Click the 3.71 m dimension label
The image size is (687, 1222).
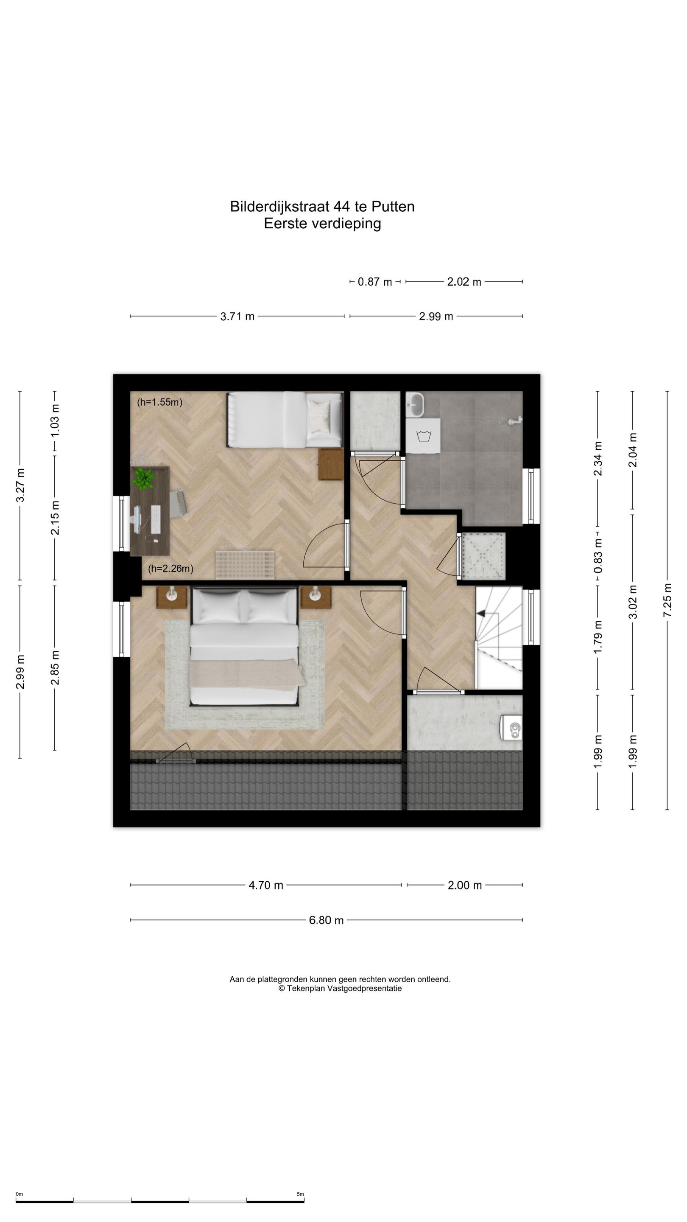point(237,317)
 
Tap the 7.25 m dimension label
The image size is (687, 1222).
point(667,600)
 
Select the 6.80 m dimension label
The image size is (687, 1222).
point(326,920)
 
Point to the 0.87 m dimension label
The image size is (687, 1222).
point(374,282)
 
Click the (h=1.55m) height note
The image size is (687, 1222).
point(160,402)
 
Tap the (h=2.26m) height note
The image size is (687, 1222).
point(170,568)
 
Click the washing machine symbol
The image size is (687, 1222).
point(423,435)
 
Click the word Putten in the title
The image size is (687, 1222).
point(393,206)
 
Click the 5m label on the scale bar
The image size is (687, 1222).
point(300,1194)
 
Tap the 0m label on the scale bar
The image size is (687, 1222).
point(20,1194)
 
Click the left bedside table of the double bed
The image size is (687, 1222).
point(172,597)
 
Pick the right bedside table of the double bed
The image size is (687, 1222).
point(316,597)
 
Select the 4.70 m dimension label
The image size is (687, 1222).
point(266,885)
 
